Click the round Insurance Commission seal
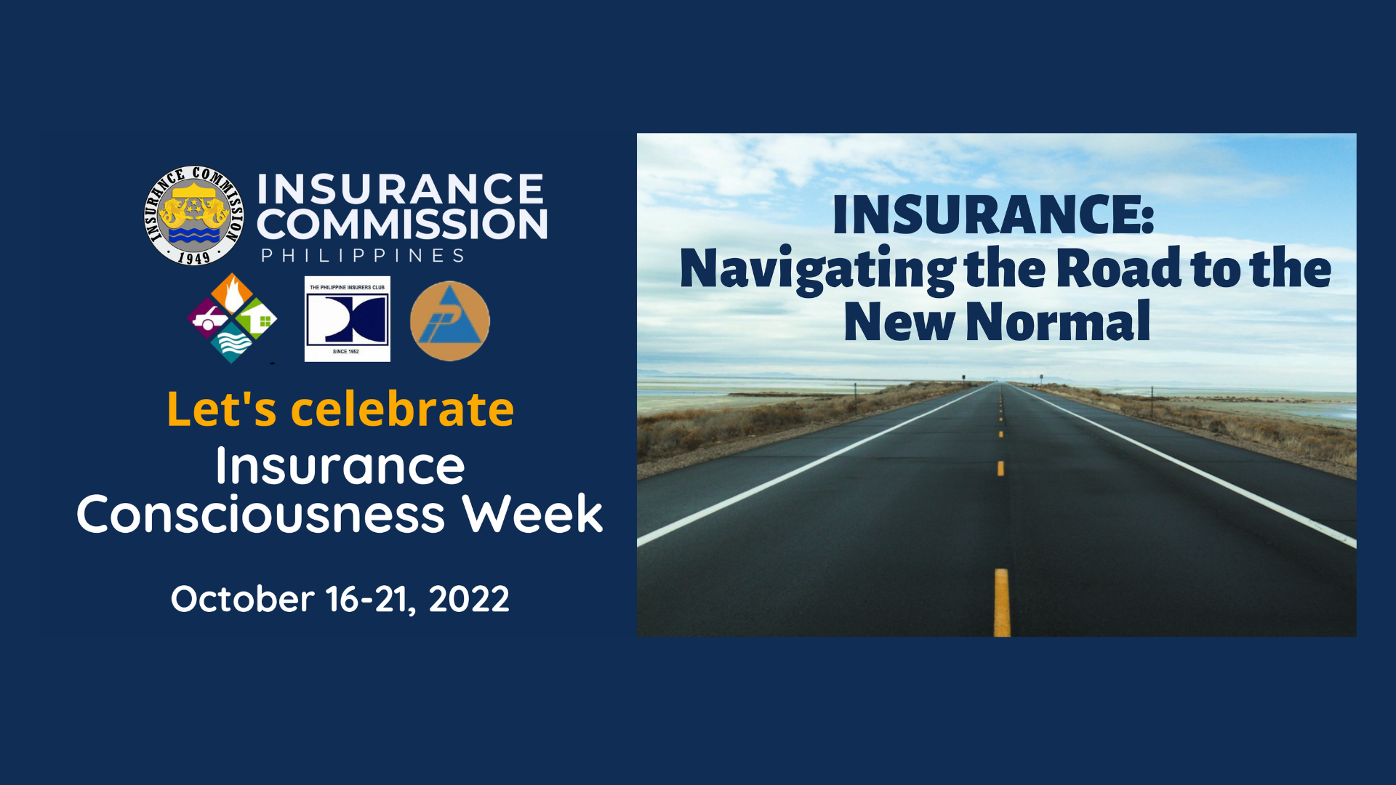pyautogui.click(x=194, y=215)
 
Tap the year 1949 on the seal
pyautogui.click(x=193, y=257)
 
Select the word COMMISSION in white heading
pyautogui.click(x=402, y=225)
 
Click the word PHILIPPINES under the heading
pyautogui.click(x=363, y=256)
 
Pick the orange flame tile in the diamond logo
pyautogui.click(x=232, y=294)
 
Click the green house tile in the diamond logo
pyautogui.click(x=256, y=319)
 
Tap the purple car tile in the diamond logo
pyautogui.click(x=209, y=319)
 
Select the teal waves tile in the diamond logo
pyautogui.click(x=232, y=342)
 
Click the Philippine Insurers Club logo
pyautogui.click(x=348, y=319)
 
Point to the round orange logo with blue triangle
pyautogui.click(x=450, y=321)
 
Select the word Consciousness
pyautogui.click(x=261, y=514)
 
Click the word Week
pyautogui.click(x=533, y=513)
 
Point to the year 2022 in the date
pyautogui.click(x=469, y=599)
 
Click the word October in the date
pyautogui.click(x=242, y=599)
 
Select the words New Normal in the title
pyautogui.click(x=998, y=321)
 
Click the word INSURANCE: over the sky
pyautogui.click(x=993, y=214)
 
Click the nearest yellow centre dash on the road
pyautogui.click(x=1002, y=603)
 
